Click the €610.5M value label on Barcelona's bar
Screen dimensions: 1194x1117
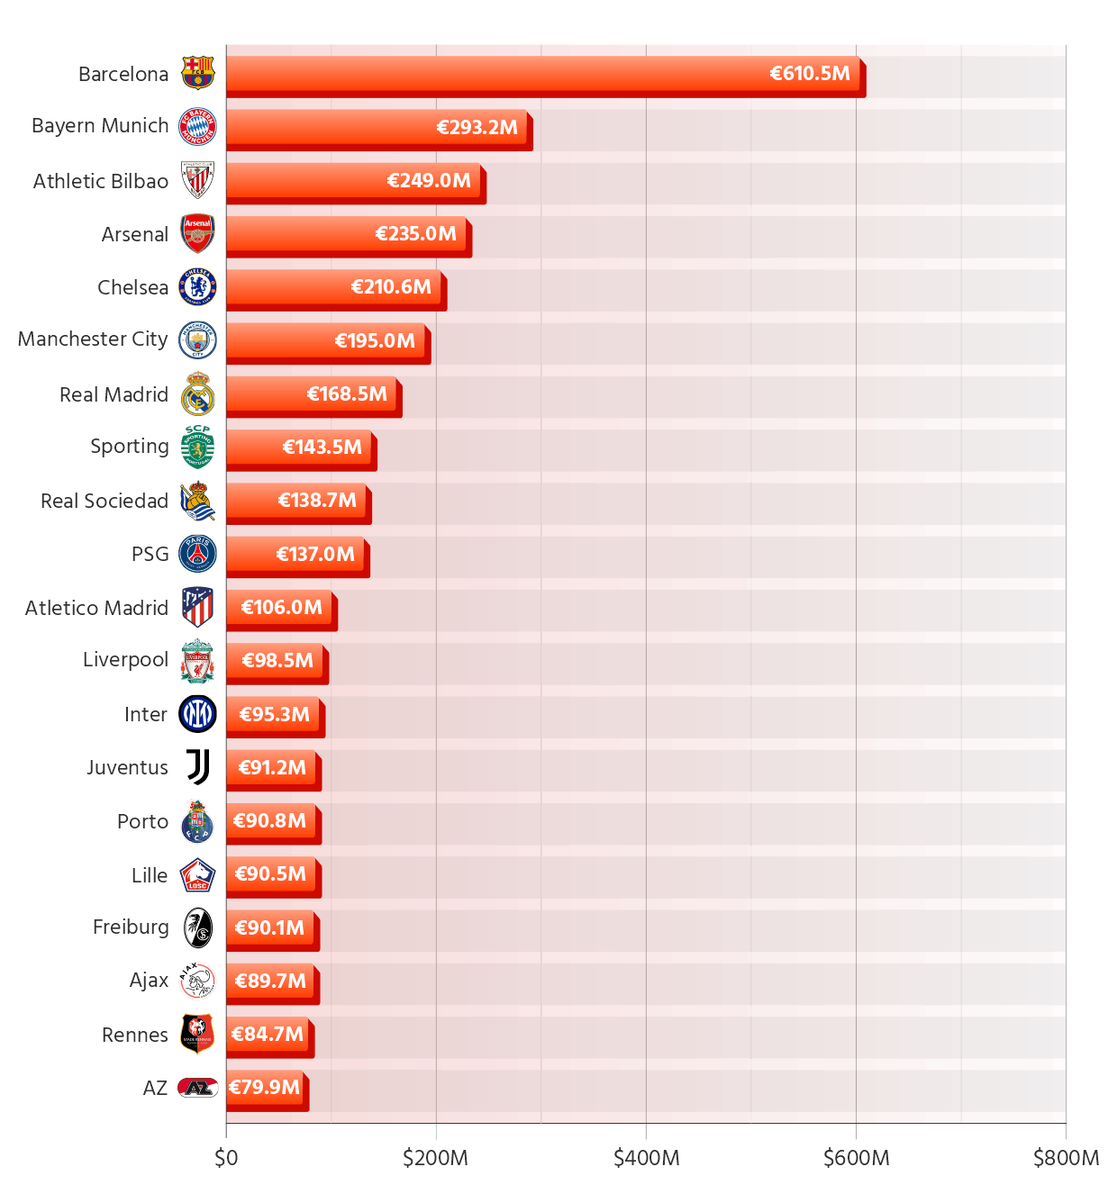click(809, 74)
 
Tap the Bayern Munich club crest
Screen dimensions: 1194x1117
click(197, 127)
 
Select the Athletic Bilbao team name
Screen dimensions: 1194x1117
click(100, 181)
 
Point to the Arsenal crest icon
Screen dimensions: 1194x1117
click(197, 234)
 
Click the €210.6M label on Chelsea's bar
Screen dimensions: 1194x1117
click(391, 287)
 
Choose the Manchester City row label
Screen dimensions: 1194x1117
click(93, 339)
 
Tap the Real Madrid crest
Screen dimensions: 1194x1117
click(197, 394)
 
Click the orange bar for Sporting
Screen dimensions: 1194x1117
click(297, 448)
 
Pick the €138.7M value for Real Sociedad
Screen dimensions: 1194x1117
click(317, 501)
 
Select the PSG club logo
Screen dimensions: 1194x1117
click(197, 554)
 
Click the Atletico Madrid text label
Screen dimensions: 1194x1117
click(96, 608)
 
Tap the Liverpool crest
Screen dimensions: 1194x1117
click(197, 661)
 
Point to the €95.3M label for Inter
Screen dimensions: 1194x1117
click(274, 715)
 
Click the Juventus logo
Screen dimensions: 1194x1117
click(197, 768)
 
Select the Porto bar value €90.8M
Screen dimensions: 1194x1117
click(269, 821)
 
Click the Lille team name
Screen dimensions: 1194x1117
click(150, 875)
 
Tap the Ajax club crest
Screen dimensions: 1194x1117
click(197, 981)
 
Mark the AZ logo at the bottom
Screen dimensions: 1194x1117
click(197, 1088)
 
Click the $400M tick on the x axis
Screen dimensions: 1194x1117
click(646, 1158)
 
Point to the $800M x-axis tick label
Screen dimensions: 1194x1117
click(1066, 1158)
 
